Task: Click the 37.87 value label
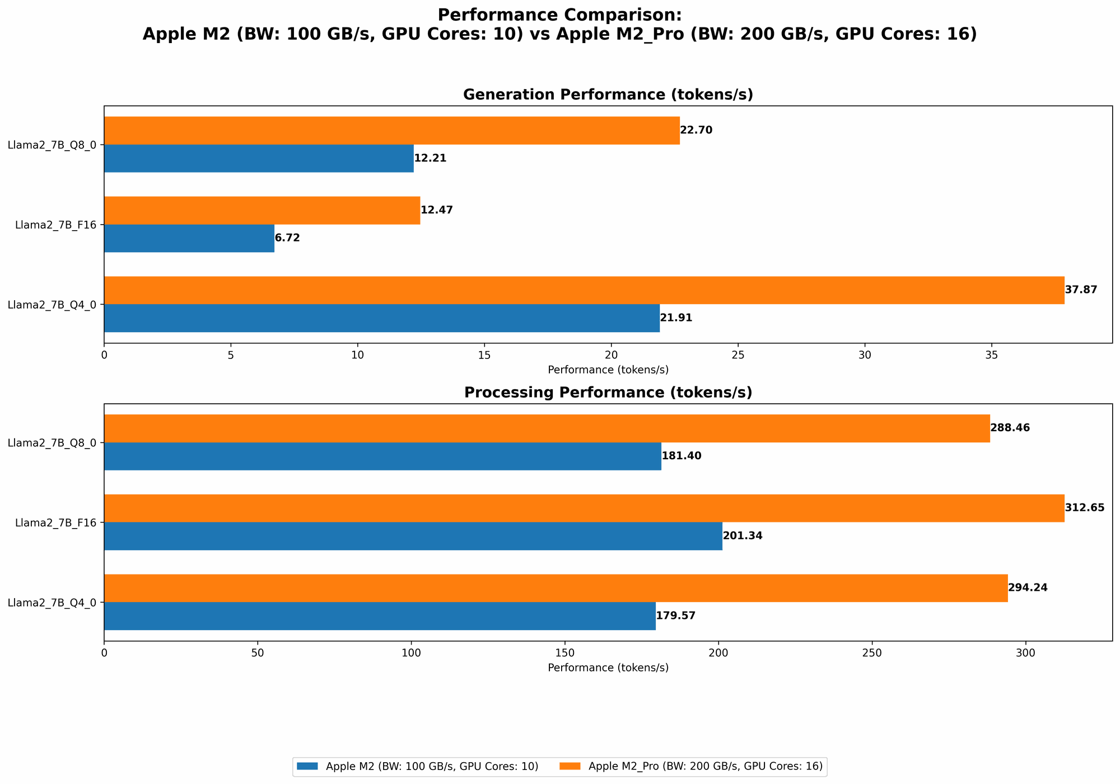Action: click(1081, 290)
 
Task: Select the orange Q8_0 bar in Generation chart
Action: click(392, 130)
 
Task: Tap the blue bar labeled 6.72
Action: click(189, 238)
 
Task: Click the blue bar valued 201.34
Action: click(413, 536)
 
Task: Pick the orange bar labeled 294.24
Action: click(556, 588)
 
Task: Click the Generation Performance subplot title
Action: click(608, 95)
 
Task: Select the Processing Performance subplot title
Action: click(608, 393)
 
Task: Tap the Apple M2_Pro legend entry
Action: click(705, 767)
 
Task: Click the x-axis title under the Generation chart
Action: click(608, 370)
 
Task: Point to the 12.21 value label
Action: click(430, 158)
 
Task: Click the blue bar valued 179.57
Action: click(380, 616)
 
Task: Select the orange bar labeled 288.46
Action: click(547, 428)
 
